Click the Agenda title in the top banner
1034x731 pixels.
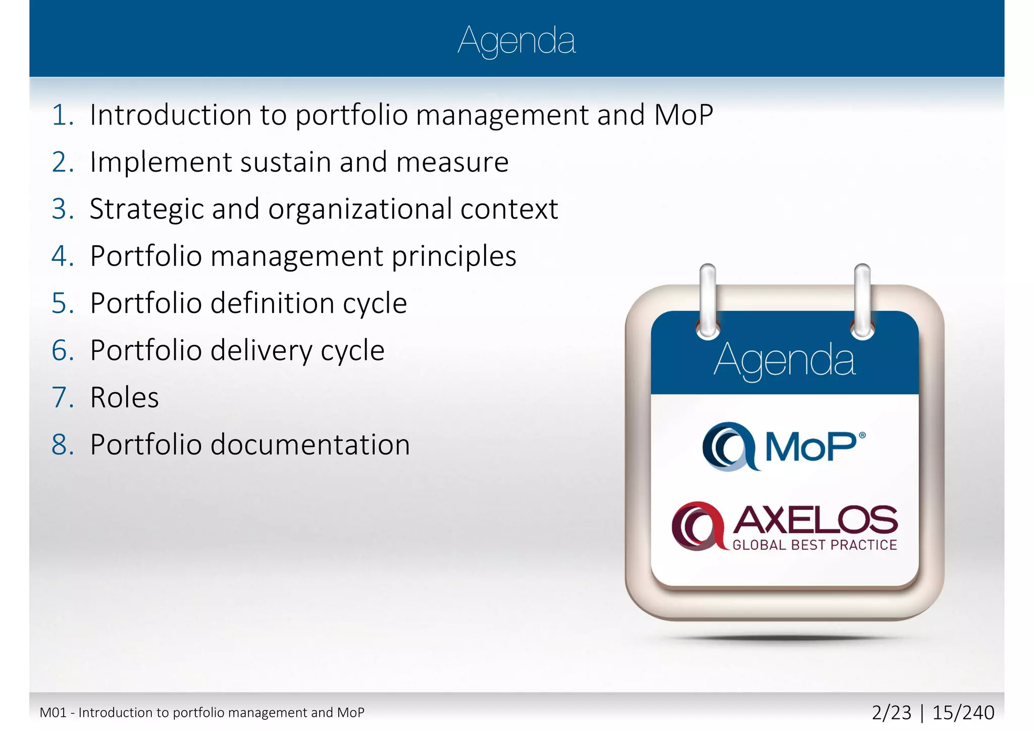[516, 40]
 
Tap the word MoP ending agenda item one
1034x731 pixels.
[684, 115]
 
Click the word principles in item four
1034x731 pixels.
[454, 256]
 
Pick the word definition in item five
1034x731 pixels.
[272, 303]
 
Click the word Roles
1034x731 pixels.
[124, 397]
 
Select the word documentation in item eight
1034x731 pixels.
[310, 445]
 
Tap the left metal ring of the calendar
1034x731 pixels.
[708, 300]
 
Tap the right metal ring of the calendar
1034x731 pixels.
[862, 300]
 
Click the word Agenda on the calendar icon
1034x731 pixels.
[784, 360]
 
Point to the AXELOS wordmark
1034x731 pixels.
[815, 520]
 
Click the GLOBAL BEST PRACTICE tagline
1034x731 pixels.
[814, 545]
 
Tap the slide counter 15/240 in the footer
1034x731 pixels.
[963, 713]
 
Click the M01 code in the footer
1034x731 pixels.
[53, 713]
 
